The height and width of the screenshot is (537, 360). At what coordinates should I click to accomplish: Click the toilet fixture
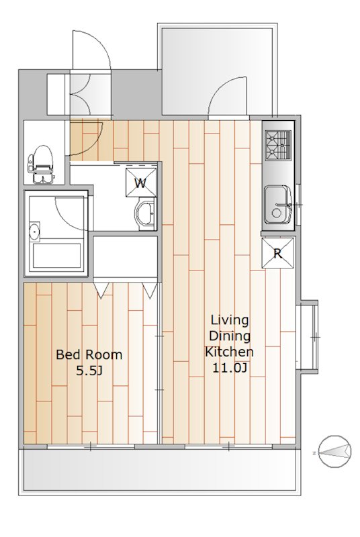(41, 164)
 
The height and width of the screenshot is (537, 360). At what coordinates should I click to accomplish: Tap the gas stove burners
(278, 145)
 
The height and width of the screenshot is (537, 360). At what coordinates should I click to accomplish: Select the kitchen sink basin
(277, 205)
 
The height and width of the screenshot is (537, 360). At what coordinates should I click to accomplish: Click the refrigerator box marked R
(278, 253)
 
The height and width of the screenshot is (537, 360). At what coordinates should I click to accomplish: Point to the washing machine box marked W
(141, 183)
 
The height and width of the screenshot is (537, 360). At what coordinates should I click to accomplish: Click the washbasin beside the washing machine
(146, 215)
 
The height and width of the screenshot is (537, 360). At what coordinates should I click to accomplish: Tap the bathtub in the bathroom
(56, 256)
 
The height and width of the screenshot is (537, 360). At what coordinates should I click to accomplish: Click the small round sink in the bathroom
(34, 232)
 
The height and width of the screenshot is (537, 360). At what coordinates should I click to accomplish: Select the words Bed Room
(89, 354)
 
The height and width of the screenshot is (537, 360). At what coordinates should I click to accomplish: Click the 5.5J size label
(89, 371)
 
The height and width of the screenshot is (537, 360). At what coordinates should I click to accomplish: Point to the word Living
(230, 320)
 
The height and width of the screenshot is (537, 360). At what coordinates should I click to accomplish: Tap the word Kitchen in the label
(229, 351)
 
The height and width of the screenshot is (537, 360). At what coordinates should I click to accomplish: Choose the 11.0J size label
(230, 367)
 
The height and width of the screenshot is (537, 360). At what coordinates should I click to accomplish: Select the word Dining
(230, 336)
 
